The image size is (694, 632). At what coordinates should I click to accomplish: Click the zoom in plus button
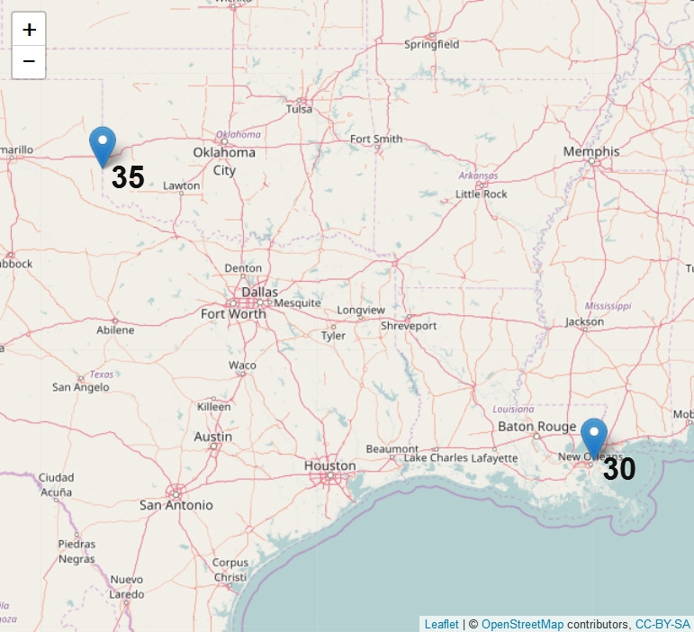[x=29, y=30]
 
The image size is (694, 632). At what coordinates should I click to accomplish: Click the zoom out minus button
[x=29, y=61]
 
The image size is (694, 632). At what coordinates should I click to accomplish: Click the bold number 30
[x=619, y=469]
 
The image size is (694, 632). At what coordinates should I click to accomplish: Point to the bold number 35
[x=128, y=177]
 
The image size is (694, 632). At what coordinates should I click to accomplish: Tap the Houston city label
[x=329, y=465]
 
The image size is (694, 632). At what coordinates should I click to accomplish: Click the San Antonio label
[x=176, y=505]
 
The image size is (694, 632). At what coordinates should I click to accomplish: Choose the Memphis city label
[x=591, y=151]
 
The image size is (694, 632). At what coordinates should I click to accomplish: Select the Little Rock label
[x=482, y=194]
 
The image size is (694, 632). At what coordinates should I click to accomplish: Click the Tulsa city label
[x=299, y=109]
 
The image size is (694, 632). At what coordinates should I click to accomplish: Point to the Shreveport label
[x=409, y=325]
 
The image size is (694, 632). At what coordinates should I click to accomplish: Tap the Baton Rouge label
[x=537, y=426]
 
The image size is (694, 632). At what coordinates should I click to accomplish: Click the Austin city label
[x=213, y=437]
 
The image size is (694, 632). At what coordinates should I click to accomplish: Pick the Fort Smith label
[x=376, y=139]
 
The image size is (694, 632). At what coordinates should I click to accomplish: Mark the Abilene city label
[x=115, y=330]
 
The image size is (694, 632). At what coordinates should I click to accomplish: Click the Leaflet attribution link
[x=441, y=624]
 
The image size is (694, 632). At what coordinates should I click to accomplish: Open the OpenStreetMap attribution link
[x=522, y=624]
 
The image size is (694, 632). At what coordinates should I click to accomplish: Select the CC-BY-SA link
[x=662, y=624]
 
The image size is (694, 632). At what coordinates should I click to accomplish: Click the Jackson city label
[x=584, y=321]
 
